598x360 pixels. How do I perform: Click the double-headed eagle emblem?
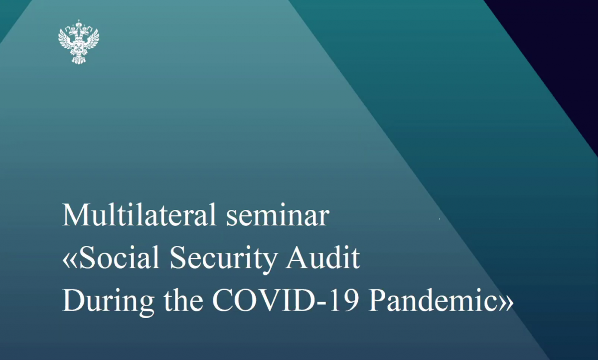(79, 42)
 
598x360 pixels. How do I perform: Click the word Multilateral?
(139, 215)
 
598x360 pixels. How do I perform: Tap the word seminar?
(278, 218)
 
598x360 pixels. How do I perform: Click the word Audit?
(323, 257)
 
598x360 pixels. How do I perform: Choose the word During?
(109, 302)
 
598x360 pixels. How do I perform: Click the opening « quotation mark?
(70, 261)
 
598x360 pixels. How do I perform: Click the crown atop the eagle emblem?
(79, 23)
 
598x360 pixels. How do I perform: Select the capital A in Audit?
(297, 257)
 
